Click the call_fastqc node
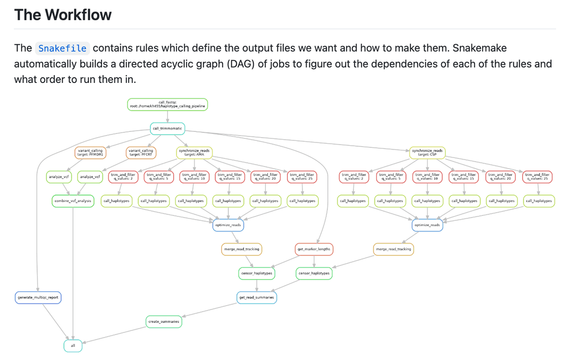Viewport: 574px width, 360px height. (x=167, y=104)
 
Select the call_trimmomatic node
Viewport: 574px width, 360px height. (x=167, y=129)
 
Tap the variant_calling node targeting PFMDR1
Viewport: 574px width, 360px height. (x=90, y=153)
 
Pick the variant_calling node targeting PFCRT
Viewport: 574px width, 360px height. (x=141, y=153)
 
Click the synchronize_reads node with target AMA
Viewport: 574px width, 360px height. (x=195, y=153)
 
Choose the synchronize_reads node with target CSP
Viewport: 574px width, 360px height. (x=427, y=153)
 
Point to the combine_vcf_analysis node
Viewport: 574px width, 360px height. (x=72, y=201)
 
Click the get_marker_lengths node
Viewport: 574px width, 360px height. (x=314, y=249)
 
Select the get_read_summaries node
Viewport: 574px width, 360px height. (x=257, y=297)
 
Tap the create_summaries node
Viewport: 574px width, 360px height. (x=164, y=322)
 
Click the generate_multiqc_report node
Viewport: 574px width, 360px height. (x=38, y=297)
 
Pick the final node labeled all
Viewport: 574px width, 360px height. (x=73, y=346)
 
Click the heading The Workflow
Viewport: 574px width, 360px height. (x=63, y=15)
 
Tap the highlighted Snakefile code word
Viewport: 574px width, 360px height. (x=62, y=48)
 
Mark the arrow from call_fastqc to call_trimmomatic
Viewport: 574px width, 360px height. (x=167, y=116)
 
